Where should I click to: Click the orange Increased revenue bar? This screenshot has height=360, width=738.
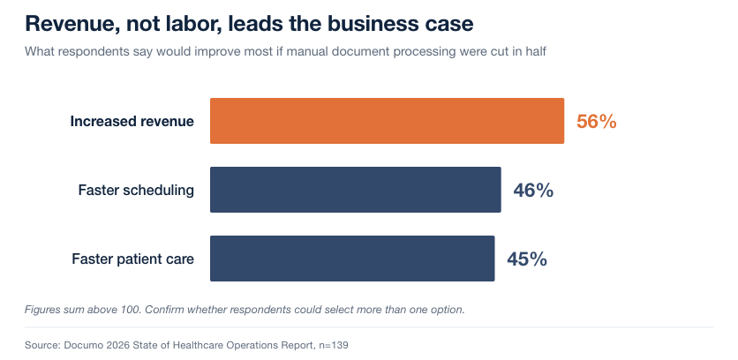[x=387, y=121]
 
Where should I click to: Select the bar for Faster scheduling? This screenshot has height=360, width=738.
[x=356, y=190]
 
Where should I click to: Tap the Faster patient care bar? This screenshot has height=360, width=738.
[x=352, y=259]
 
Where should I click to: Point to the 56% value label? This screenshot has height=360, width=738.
[x=597, y=122]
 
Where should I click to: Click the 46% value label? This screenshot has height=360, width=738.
[x=533, y=190]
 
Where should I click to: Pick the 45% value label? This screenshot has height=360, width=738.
[x=527, y=259]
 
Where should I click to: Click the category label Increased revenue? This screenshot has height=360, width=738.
[x=132, y=122]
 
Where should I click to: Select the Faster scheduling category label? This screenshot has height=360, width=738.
[x=136, y=190]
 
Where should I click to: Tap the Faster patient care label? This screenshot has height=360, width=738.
[x=132, y=259]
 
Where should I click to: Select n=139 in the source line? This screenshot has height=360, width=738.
[x=333, y=345]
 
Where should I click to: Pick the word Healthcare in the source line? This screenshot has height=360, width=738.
[x=200, y=345]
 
